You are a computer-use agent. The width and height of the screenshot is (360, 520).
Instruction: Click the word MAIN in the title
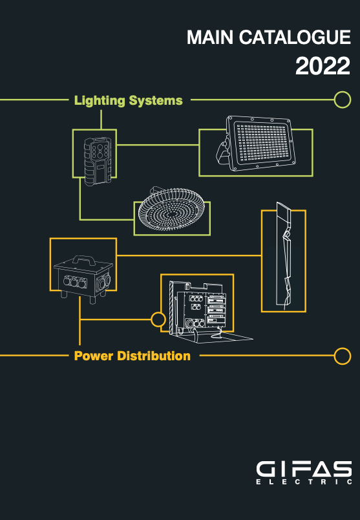[x=210, y=37]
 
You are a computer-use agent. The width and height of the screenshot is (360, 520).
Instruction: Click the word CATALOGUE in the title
[x=295, y=37]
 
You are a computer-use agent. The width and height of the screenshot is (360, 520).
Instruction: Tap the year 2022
[x=323, y=66]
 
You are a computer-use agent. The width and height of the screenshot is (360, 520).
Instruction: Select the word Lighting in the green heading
[x=100, y=101]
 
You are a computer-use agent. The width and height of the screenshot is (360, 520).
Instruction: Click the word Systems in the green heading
[x=156, y=101]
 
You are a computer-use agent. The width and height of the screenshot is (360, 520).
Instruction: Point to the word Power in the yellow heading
[x=94, y=356]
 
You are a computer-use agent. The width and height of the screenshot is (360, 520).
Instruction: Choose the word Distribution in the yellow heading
[x=154, y=356]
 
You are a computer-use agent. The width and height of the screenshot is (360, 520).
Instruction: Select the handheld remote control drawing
[x=98, y=161]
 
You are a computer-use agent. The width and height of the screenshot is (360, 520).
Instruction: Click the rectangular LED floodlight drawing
[x=256, y=144]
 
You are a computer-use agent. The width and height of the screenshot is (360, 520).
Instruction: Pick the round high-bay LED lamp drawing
[x=171, y=209]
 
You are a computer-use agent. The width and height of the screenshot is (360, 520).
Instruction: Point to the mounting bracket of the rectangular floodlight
[x=223, y=152]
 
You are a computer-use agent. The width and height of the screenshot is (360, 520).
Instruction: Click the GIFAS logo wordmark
[x=304, y=470]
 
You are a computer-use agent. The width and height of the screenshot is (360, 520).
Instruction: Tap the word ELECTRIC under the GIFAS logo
[x=304, y=482]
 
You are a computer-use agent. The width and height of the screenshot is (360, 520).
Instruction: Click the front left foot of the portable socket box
[x=63, y=294]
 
